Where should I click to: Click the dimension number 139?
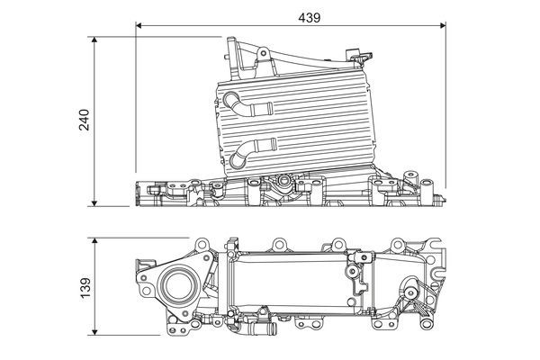(85, 286)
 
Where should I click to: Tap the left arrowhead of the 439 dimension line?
(140, 26)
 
